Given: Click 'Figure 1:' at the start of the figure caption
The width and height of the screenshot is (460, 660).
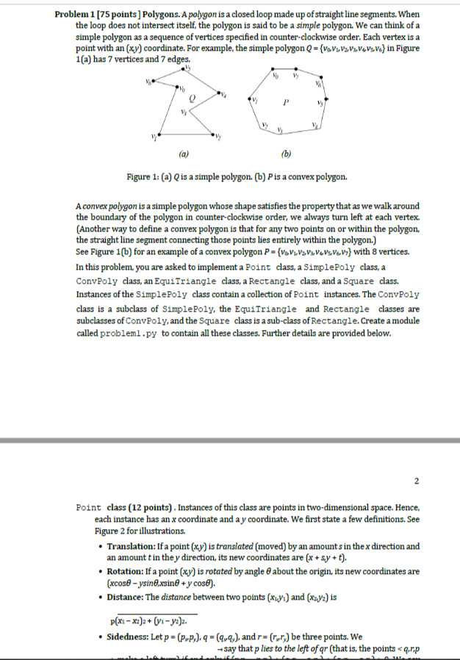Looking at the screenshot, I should (x=143, y=177).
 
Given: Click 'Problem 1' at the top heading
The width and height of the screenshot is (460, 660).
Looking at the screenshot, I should (x=76, y=15).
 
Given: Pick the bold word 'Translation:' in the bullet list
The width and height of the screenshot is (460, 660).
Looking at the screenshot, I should (x=132, y=547).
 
